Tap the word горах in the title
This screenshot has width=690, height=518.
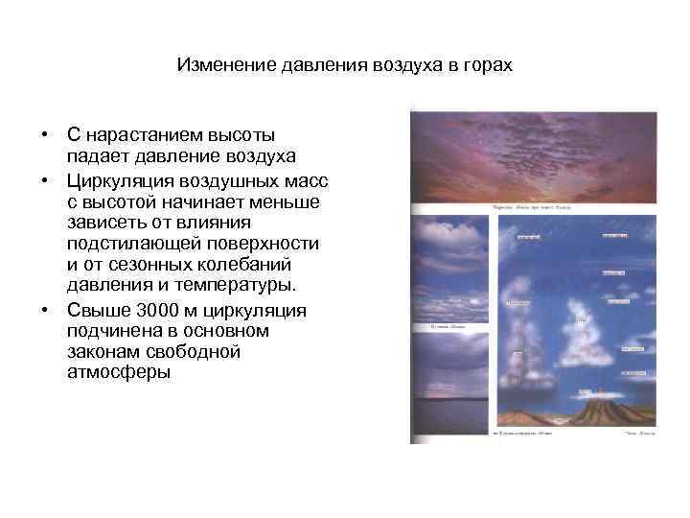[487, 66]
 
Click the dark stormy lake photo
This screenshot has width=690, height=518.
[449, 384]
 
